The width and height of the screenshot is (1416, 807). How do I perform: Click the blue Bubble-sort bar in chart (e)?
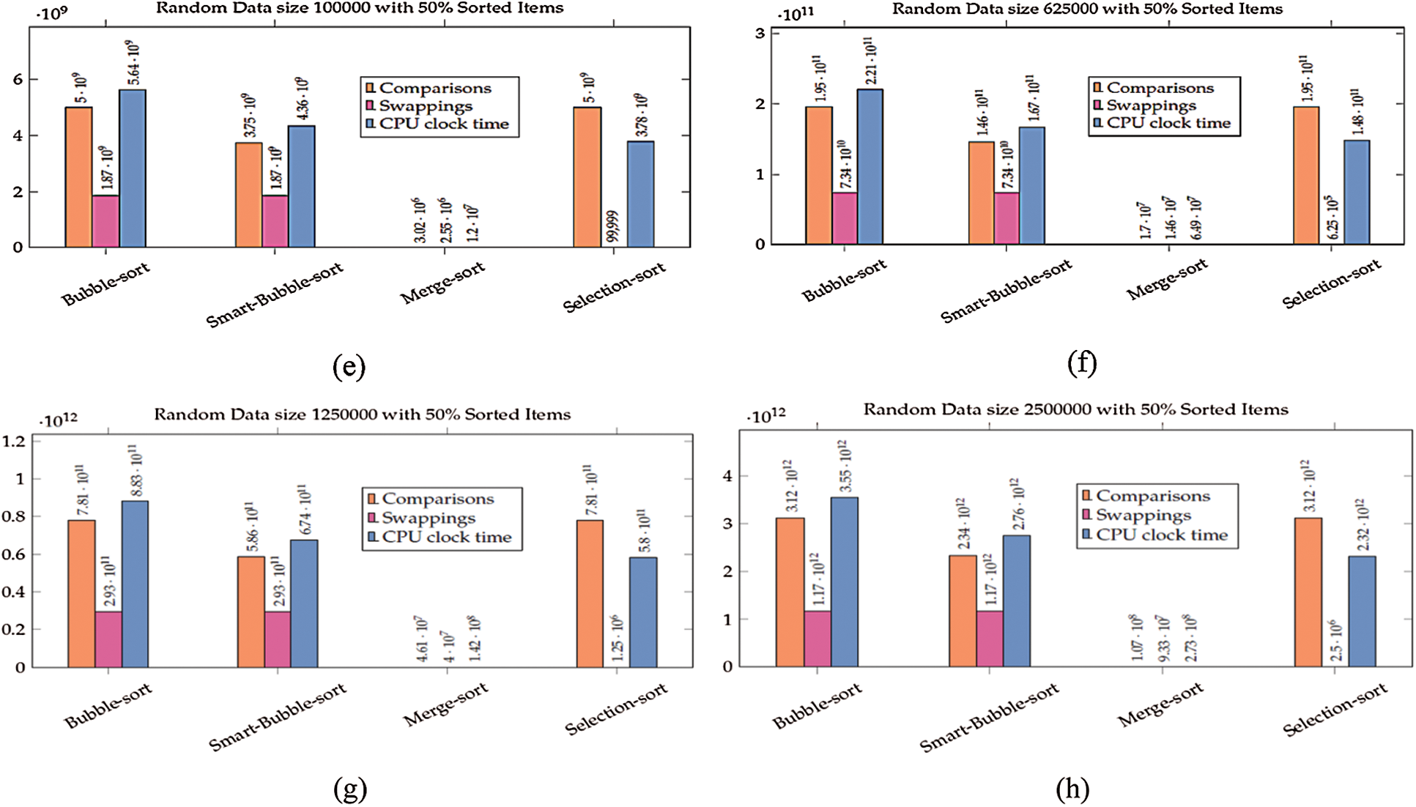click(133, 168)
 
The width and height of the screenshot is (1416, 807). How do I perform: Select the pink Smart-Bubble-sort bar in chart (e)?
click(275, 220)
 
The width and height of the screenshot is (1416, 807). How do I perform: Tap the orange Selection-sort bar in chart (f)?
click(1306, 176)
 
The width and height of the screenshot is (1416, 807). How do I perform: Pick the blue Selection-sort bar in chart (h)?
click(1362, 611)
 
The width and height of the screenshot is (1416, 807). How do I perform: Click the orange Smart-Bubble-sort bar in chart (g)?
click(251, 611)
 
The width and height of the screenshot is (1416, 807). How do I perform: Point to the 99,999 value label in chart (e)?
click(613, 226)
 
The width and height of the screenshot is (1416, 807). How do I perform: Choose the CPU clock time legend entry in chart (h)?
click(1161, 535)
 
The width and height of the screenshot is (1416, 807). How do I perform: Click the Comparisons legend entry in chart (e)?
click(435, 89)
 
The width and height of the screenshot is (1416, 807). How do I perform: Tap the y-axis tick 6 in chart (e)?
click(18, 79)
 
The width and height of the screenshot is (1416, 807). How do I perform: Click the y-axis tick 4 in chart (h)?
click(727, 476)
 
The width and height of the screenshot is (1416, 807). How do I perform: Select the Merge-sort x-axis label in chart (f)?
click(1166, 280)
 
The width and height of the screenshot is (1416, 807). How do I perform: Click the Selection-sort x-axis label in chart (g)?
click(616, 708)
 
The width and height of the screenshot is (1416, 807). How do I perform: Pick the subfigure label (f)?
click(1082, 362)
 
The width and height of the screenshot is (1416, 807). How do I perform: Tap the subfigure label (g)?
click(349, 789)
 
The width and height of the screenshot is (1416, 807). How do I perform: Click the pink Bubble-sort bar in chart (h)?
click(818, 639)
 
